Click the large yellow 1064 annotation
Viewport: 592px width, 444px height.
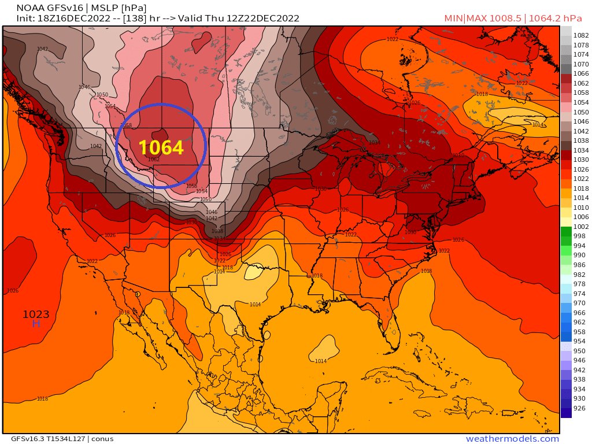point(161,148)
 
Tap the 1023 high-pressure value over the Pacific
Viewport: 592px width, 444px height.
point(36,314)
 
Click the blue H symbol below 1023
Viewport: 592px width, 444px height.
point(36,324)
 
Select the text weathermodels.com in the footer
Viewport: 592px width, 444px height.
point(512,439)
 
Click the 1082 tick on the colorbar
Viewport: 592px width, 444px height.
point(580,36)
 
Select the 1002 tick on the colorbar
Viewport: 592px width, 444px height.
point(580,227)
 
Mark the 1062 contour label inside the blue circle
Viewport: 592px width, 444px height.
point(153,160)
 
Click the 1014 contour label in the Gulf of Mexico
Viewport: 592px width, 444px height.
point(320,361)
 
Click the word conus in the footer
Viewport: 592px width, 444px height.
point(102,439)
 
